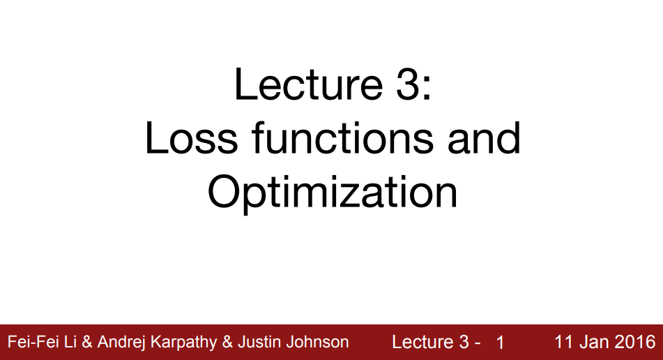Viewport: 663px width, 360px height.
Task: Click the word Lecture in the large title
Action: pos(309,84)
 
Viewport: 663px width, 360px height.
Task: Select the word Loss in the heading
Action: pos(192,138)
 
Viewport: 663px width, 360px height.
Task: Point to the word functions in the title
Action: pos(343,138)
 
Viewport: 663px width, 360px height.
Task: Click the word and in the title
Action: pos(484,138)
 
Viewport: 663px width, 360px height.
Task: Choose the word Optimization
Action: pos(333,192)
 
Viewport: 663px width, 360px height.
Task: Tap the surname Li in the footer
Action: pos(71,342)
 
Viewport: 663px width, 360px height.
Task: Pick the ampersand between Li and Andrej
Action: pos(87,342)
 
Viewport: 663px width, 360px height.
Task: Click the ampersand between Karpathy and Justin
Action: pos(227,342)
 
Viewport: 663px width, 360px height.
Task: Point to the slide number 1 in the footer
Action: pos(500,343)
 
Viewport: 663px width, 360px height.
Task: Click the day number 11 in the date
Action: pos(563,342)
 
